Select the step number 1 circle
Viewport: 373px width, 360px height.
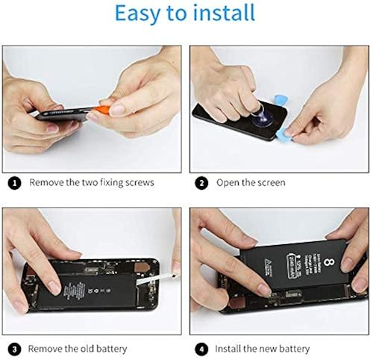(x=13, y=182)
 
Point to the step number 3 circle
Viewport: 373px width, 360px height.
(x=13, y=348)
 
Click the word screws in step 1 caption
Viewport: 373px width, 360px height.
(x=139, y=182)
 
